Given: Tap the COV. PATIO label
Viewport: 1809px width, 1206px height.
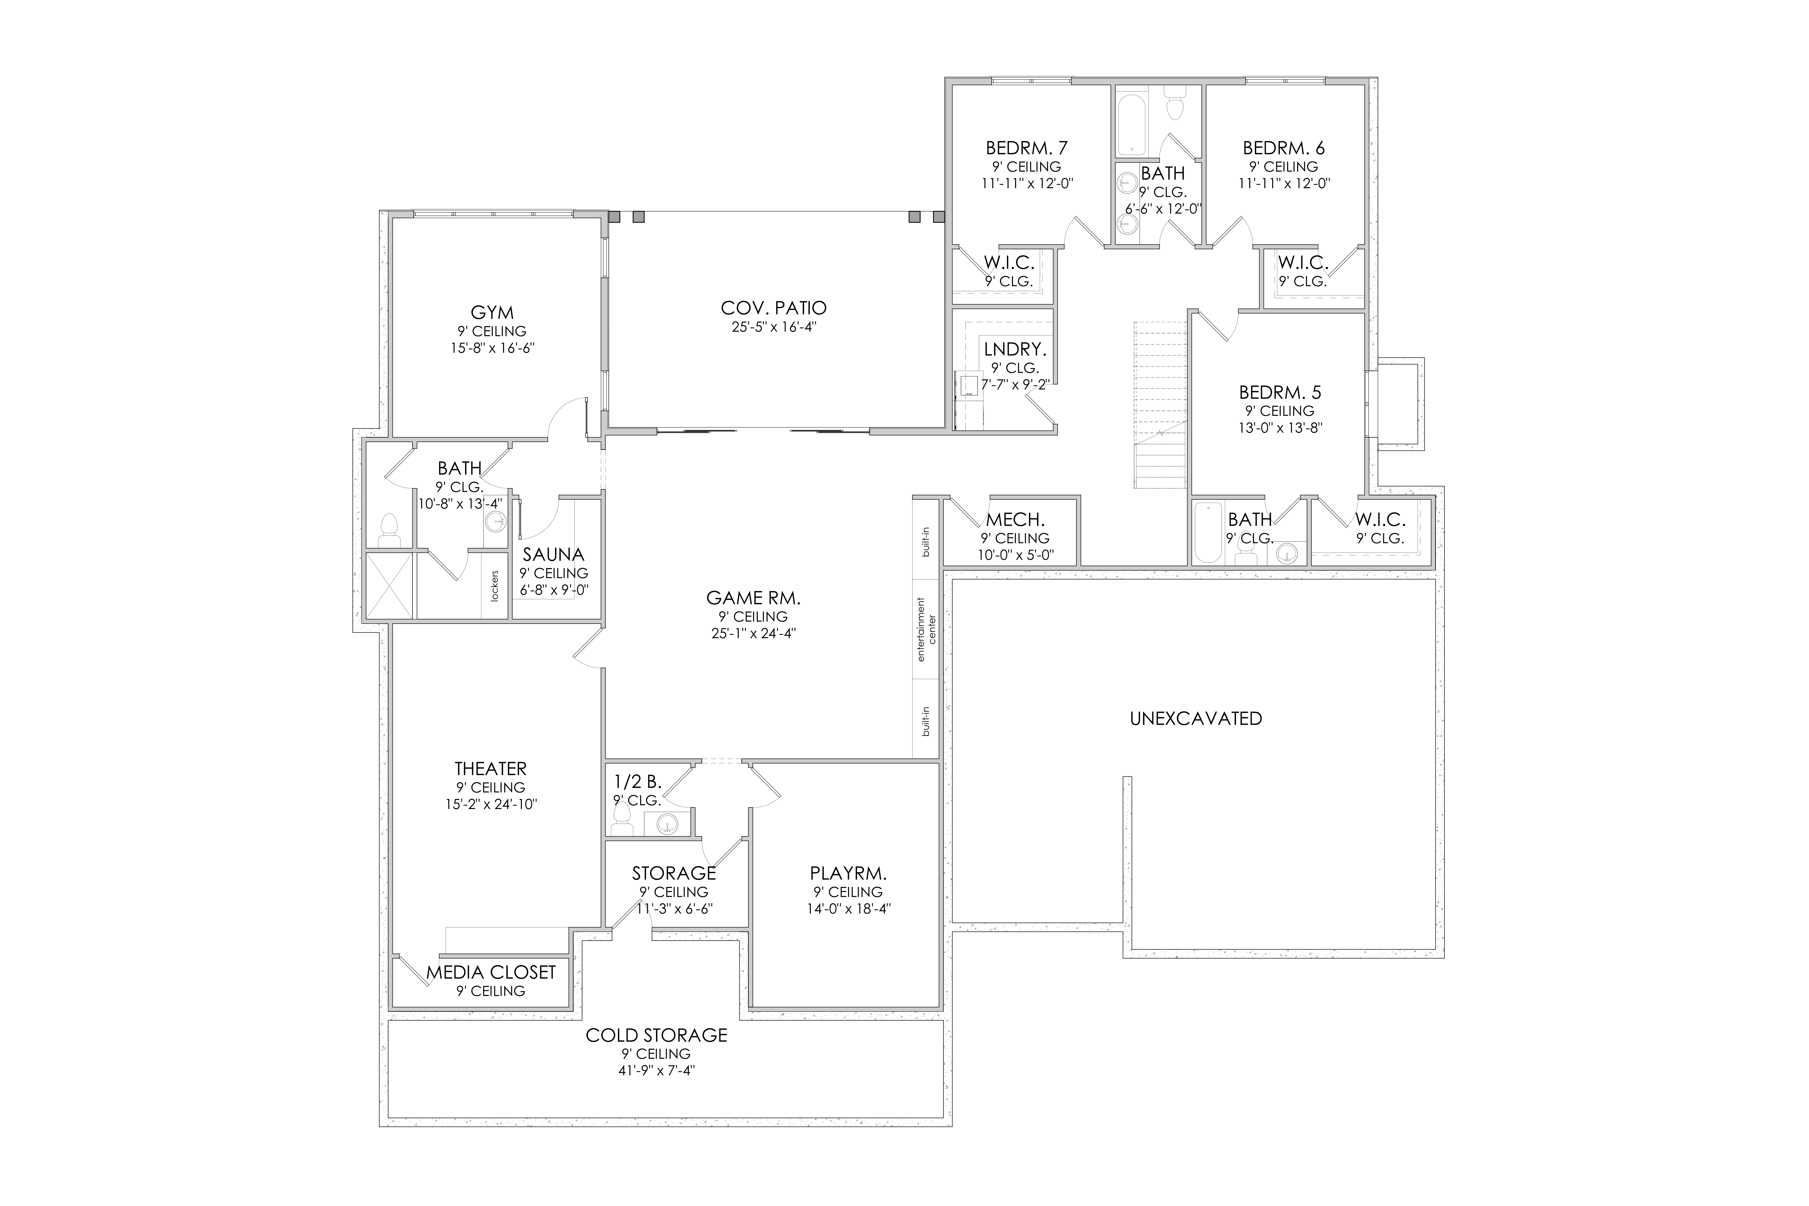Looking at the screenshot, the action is coord(774,308).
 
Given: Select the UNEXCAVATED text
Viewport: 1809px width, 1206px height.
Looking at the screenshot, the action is coord(1196,718).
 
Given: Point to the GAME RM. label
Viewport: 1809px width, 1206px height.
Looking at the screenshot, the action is coord(753,598).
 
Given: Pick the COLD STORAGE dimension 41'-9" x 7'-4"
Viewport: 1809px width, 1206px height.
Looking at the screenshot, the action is coord(657,1071).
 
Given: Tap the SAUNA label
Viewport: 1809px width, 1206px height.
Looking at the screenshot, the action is coord(554,555).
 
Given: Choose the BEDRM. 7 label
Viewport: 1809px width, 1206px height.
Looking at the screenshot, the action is coord(1027,148).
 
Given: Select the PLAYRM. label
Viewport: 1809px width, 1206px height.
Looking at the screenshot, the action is coord(848,874).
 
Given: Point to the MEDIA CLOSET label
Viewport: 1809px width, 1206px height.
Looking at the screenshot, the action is coord(491,972).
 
